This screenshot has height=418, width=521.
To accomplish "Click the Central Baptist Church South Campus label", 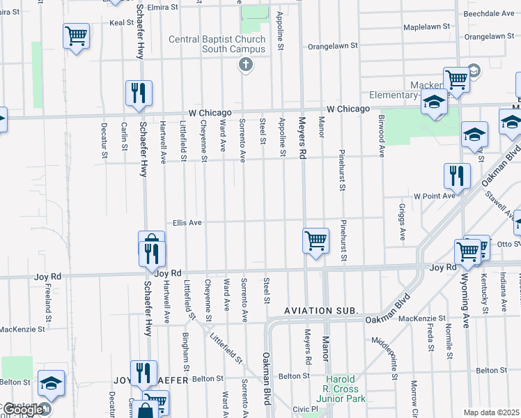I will (217, 44).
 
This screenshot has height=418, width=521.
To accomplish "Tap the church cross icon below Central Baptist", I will (244, 65).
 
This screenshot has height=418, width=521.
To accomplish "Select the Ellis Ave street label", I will (187, 223).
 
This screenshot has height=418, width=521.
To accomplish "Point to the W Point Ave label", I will (434, 196).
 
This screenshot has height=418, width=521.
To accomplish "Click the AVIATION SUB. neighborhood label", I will (321, 310).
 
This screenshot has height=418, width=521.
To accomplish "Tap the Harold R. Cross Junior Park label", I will (341, 389).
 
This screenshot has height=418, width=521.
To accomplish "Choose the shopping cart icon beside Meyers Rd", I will (316, 241).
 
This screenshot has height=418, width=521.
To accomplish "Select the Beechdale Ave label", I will (489, 13).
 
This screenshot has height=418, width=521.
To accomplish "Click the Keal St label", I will (121, 22).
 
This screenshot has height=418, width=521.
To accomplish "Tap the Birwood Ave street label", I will (382, 146).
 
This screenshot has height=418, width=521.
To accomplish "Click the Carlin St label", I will (123, 137).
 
